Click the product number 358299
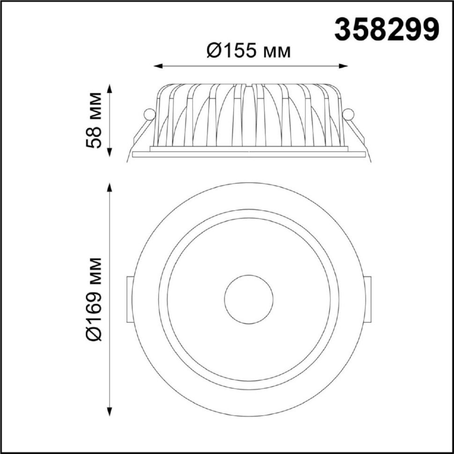point(387,29)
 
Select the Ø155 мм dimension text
point(249,51)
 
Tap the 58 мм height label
point(94,120)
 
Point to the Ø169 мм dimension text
point(94,299)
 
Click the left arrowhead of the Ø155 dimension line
point(158,66)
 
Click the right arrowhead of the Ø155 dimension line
point(344,66)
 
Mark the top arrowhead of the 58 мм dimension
point(110,88)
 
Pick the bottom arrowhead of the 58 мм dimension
point(110,153)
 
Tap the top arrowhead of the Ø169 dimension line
point(110,187)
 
